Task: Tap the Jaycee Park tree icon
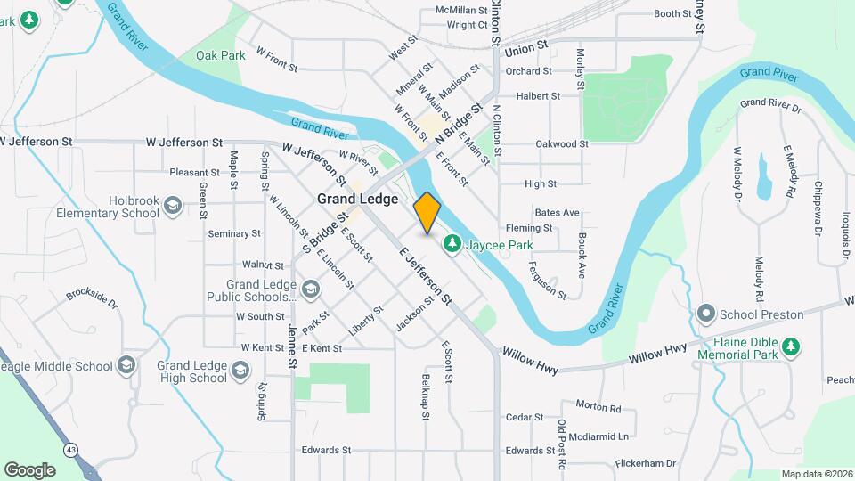coord(452,242)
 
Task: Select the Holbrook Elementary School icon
coord(172,207)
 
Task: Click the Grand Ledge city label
coord(357,200)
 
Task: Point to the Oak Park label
coord(220,55)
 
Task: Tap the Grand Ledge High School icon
coord(240,370)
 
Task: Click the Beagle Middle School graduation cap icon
coord(126,365)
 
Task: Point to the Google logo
coord(29,469)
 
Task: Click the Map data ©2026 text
coord(817,474)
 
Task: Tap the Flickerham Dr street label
coord(645,463)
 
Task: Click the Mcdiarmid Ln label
coord(598,436)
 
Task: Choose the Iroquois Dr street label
coord(843,237)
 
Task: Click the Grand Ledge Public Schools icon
coord(310,289)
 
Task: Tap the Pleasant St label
coord(194,172)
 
